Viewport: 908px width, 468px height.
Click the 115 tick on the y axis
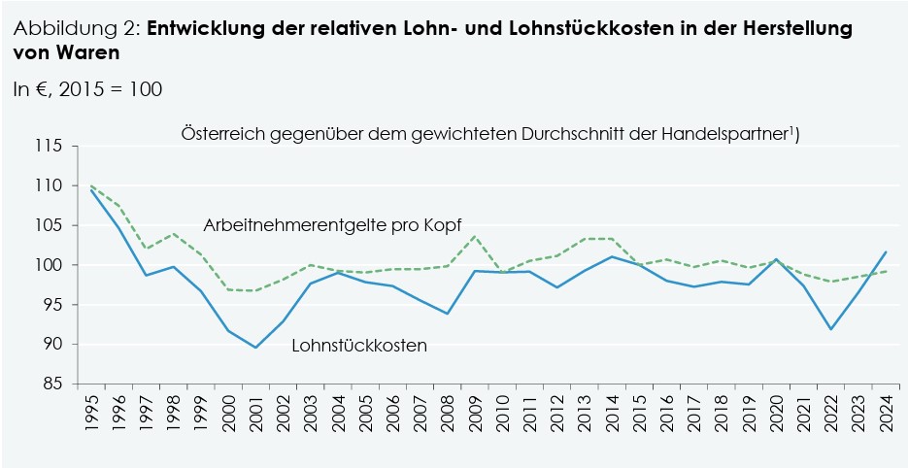click(49, 146)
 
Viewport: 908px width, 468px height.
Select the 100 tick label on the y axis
click(49, 265)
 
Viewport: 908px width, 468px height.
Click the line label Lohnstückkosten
click(359, 345)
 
